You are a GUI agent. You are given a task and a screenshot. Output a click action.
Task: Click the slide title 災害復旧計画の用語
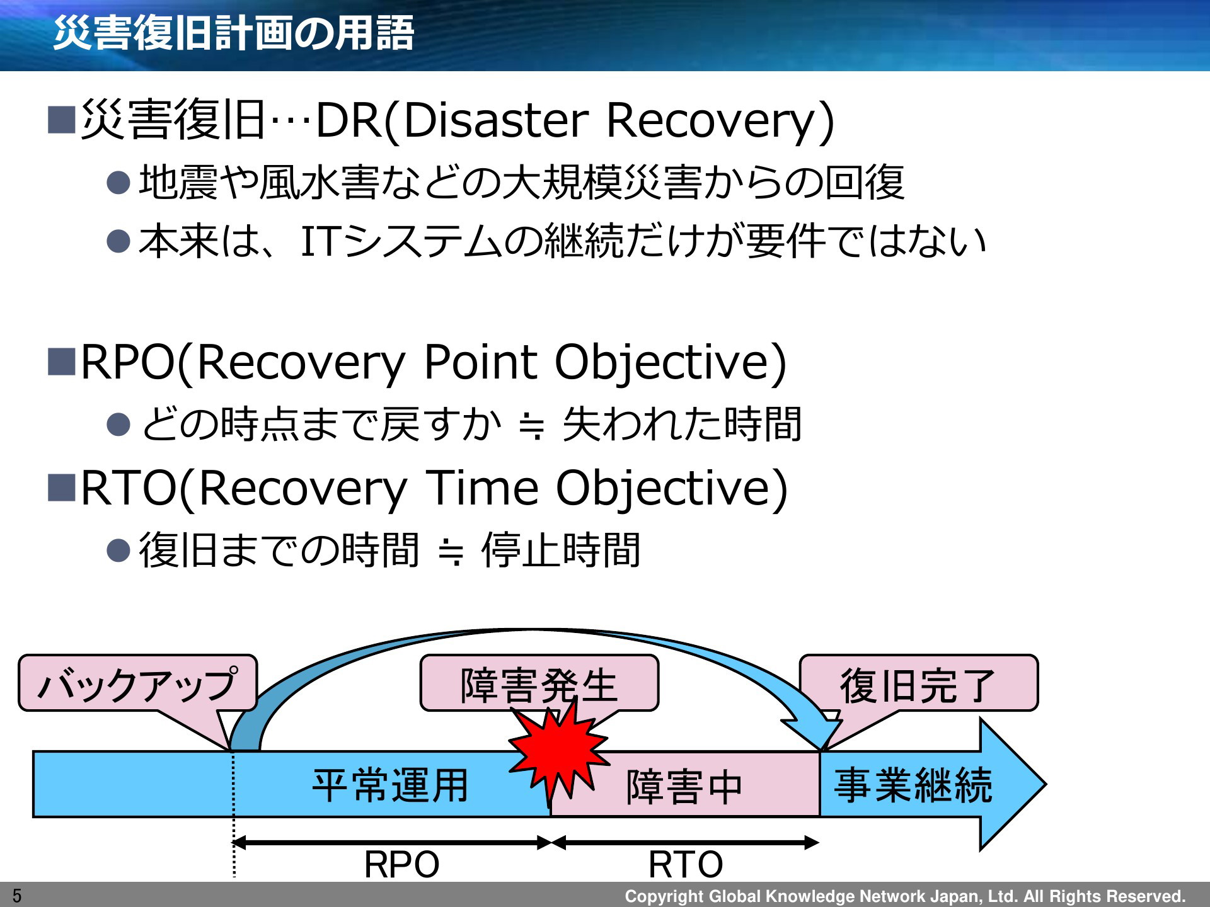[x=234, y=33]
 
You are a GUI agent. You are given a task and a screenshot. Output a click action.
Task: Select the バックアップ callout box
[x=137, y=683]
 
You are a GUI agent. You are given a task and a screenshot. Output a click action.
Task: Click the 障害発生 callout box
[x=539, y=683]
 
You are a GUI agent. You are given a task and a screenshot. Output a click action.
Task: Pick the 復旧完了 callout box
[x=918, y=683]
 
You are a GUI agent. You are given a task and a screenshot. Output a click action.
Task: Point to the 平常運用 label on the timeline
[x=391, y=785]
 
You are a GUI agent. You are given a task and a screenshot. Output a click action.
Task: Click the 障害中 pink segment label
[x=684, y=787]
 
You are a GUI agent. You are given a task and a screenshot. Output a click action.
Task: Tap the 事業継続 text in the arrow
[x=913, y=785]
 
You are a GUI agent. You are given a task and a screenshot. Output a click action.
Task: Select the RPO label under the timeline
[x=401, y=864]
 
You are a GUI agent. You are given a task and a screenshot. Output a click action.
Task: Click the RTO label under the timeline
[x=686, y=864]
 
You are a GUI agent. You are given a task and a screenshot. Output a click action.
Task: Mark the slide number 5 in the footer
[x=17, y=896]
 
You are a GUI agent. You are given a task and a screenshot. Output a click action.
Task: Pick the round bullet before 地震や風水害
[x=118, y=183]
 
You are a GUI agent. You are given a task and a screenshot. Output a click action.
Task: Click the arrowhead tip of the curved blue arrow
[x=822, y=750]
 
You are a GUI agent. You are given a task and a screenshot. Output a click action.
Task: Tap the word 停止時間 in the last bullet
[x=562, y=550]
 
